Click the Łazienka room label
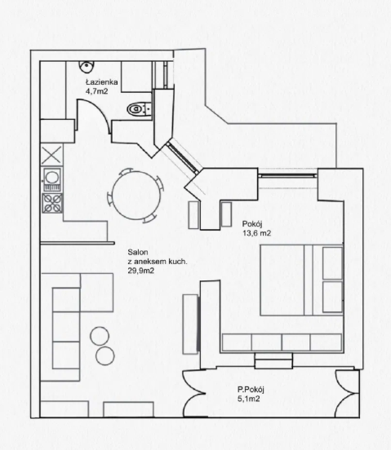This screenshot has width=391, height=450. click(x=102, y=82)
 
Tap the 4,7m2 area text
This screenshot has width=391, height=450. click(x=97, y=91)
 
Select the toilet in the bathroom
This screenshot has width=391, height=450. click(x=139, y=109)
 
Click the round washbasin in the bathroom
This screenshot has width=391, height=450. click(x=87, y=66)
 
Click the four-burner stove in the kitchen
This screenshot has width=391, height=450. click(x=52, y=203)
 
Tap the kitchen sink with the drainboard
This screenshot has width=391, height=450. click(x=52, y=179)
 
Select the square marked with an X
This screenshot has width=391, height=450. click(x=51, y=155)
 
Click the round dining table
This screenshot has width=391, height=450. click(x=136, y=195)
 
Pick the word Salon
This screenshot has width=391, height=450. click(x=138, y=252)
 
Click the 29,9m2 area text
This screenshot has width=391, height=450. click(x=140, y=271)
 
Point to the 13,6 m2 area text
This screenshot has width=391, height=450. click(x=256, y=233)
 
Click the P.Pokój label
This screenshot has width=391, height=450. click(x=251, y=390)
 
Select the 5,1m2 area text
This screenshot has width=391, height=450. click(x=248, y=399)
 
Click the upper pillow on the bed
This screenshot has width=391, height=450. click(x=332, y=262)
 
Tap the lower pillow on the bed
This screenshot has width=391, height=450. click(x=332, y=297)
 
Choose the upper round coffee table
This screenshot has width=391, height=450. click(x=100, y=336)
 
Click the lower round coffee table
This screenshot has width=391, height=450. click(x=105, y=356)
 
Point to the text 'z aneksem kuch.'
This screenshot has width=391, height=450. click(x=158, y=262)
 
